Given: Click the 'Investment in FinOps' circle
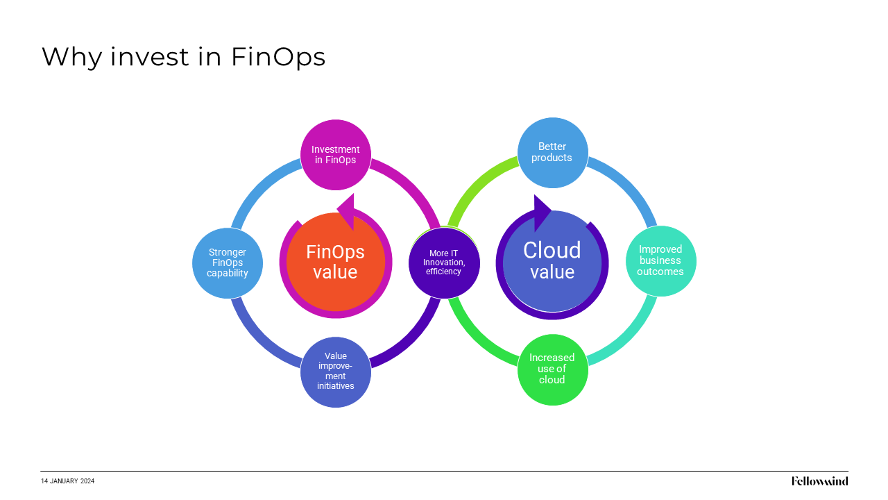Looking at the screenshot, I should click(x=336, y=154).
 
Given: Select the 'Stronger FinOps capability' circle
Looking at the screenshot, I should click(x=228, y=262).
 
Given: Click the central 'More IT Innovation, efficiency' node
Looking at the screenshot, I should click(x=444, y=262).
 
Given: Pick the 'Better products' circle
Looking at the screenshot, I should click(x=553, y=152).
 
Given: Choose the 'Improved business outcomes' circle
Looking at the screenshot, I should click(x=660, y=260).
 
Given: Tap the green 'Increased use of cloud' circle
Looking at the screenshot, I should click(x=553, y=369).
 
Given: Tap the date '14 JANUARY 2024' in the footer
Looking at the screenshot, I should click(x=67, y=481).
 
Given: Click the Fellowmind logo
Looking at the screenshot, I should click(x=819, y=481).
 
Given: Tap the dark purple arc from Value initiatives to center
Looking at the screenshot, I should click(x=412, y=340).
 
